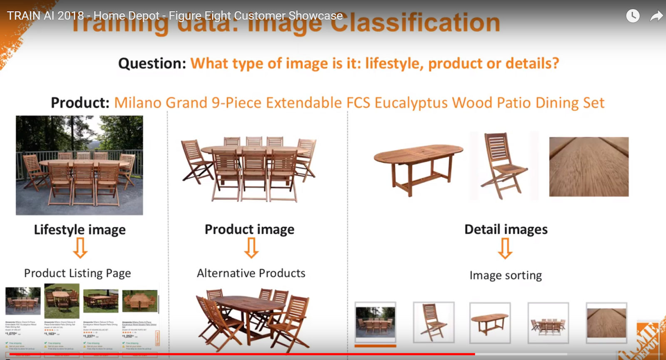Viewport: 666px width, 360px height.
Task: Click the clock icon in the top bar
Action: (633, 16)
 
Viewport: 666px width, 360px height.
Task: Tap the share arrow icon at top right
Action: (656, 16)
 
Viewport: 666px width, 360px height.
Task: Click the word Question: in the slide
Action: (152, 64)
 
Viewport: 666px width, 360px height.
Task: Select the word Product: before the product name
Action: (80, 103)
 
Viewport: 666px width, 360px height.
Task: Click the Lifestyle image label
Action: (80, 230)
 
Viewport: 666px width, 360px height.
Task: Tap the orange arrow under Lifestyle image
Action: (80, 248)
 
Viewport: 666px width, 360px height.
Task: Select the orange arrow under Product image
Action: (251, 248)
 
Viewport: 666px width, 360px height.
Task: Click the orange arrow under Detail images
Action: (505, 248)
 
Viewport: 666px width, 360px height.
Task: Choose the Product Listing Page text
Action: (77, 273)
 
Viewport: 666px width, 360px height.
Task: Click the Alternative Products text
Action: (251, 273)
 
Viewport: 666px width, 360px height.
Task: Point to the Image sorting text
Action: (506, 276)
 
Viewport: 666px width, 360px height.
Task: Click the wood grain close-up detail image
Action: (589, 166)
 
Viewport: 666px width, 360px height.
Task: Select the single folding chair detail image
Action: (504, 166)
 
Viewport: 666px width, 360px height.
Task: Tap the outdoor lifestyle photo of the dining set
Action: (79, 165)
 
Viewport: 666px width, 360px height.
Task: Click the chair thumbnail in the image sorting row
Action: (433, 323)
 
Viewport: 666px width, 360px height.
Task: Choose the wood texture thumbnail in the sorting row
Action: (606, 323)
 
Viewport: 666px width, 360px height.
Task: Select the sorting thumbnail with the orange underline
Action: (375, 323)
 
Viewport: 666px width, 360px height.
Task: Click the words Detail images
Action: (506, 229)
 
